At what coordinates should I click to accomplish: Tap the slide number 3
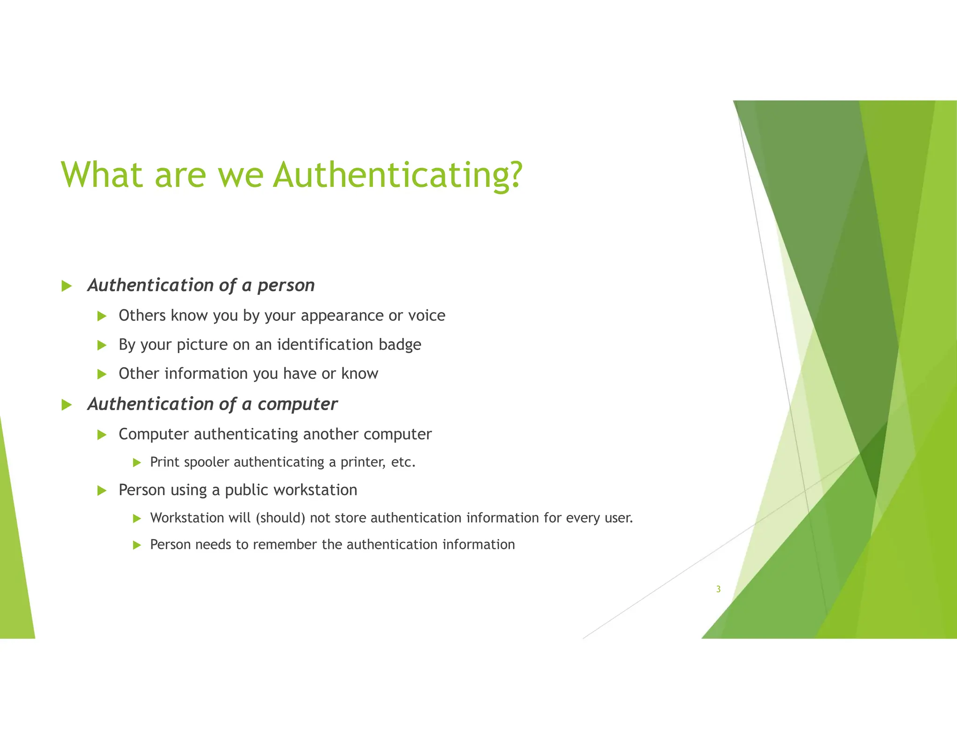(718, 589)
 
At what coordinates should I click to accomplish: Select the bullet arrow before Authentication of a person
(67, 286)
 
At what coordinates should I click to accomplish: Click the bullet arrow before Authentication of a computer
(67, 405)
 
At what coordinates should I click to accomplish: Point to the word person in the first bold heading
(286, 285)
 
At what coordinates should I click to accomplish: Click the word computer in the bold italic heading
(297, 404)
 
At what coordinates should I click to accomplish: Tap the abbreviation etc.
(403, 462)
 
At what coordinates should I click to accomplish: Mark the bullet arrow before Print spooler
(137, 463)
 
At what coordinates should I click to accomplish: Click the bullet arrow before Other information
(102, 374)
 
